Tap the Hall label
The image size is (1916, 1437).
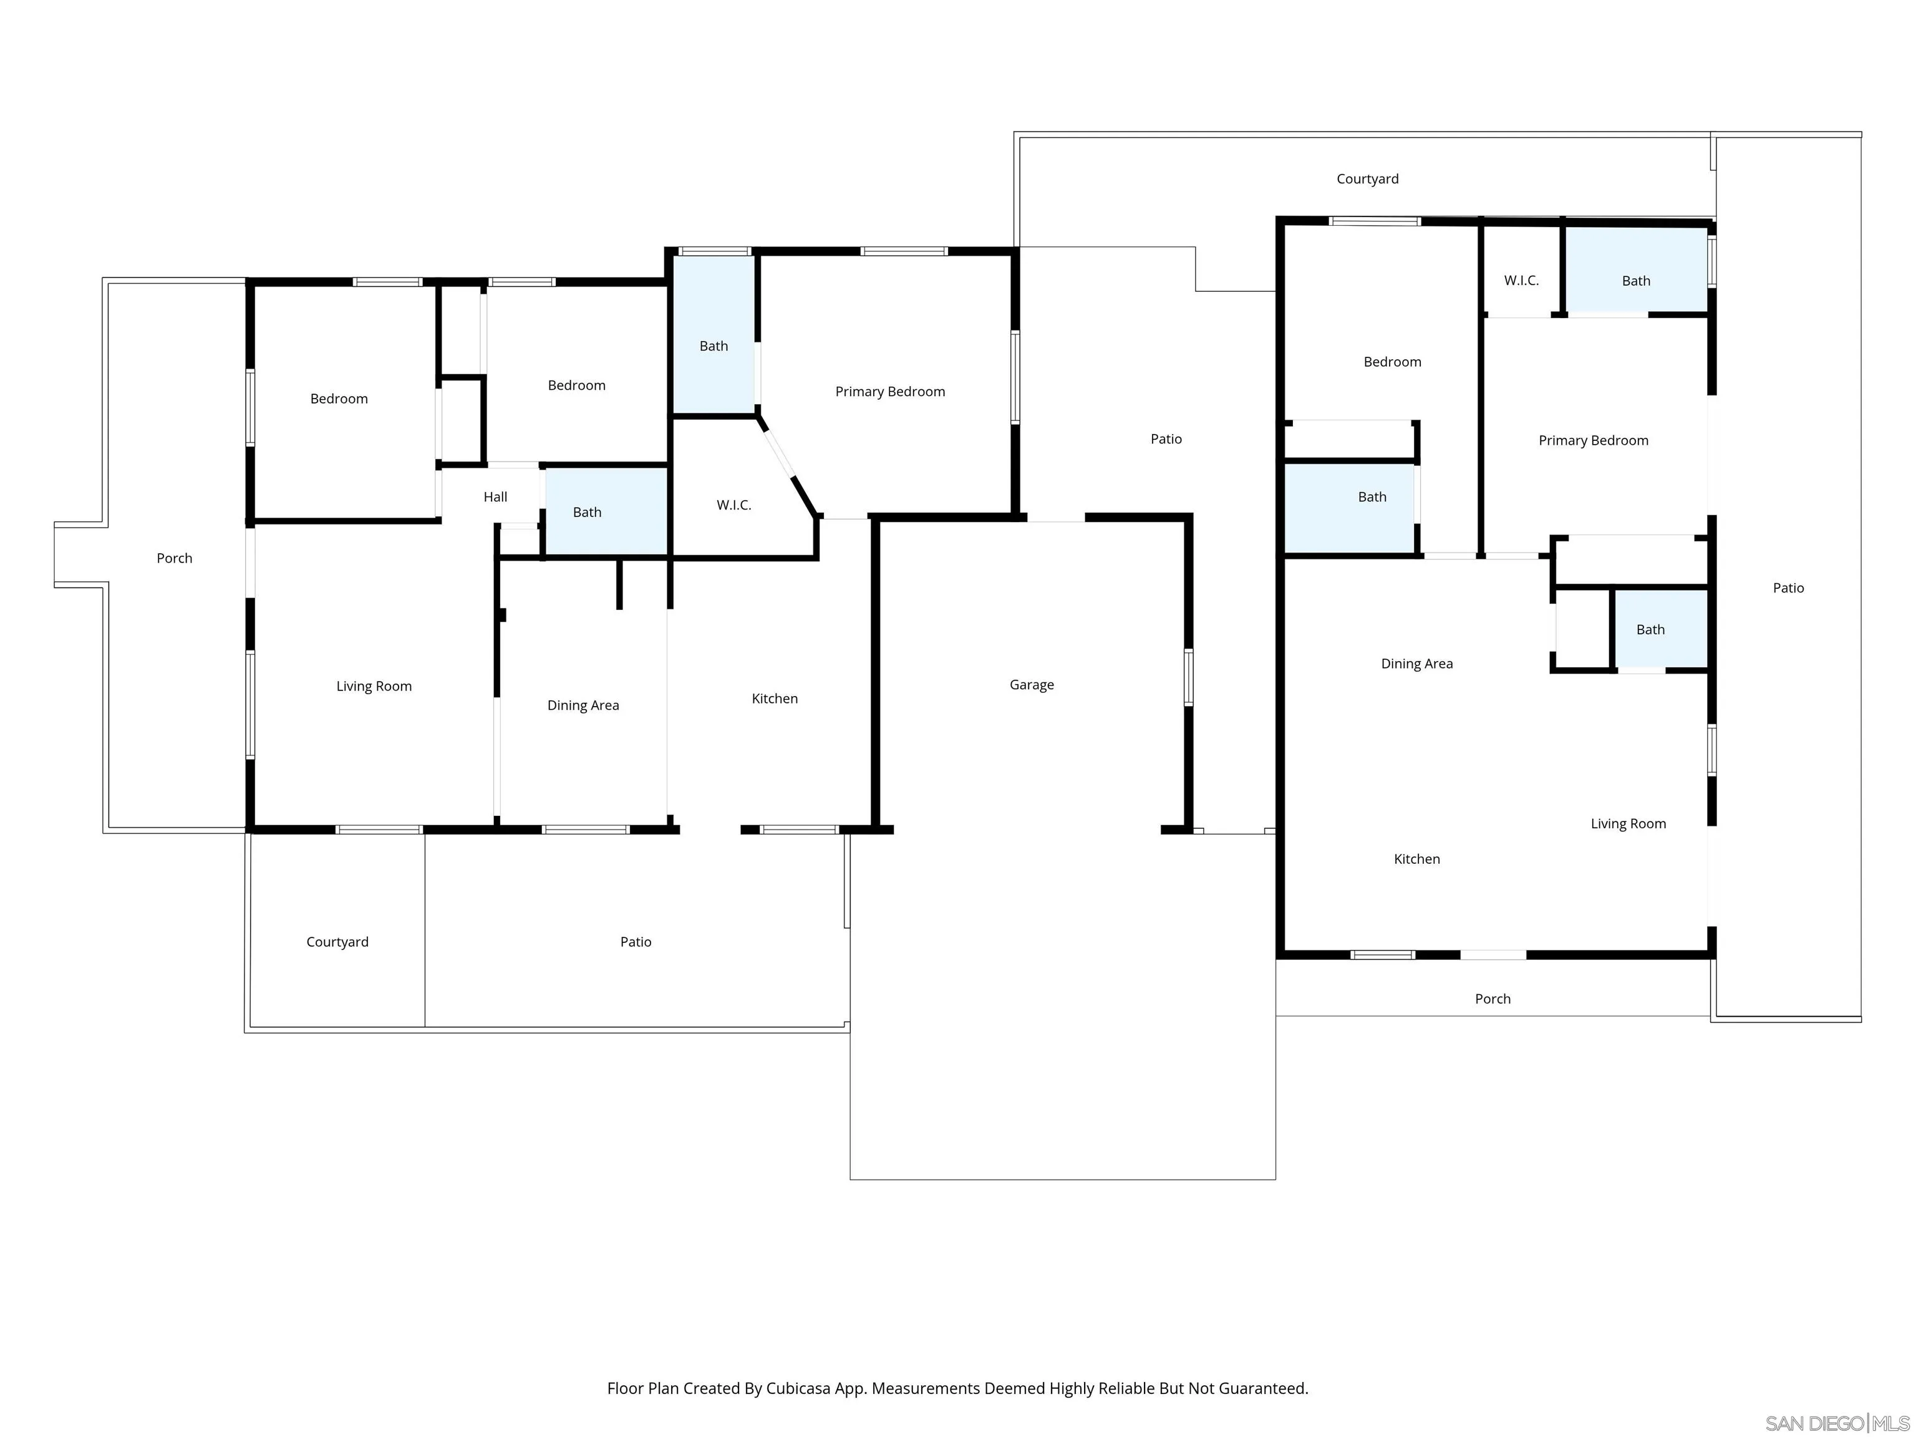495,496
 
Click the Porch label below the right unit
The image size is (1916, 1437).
1493,999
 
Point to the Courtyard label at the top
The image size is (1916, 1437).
1367,178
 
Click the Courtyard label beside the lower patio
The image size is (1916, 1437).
337,942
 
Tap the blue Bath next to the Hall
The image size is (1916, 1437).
588,512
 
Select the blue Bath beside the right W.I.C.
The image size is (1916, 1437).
1635,281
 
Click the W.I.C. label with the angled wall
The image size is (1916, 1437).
733,505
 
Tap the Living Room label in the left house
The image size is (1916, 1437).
374,686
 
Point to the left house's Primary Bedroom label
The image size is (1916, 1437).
889,392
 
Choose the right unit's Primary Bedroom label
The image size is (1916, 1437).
1593,440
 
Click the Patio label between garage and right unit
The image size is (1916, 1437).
1166,439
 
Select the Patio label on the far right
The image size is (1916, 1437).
1788,588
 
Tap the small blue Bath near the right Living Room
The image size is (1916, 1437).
1650,630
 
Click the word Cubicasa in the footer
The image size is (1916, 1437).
798,1388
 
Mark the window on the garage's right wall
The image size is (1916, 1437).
1188,677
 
